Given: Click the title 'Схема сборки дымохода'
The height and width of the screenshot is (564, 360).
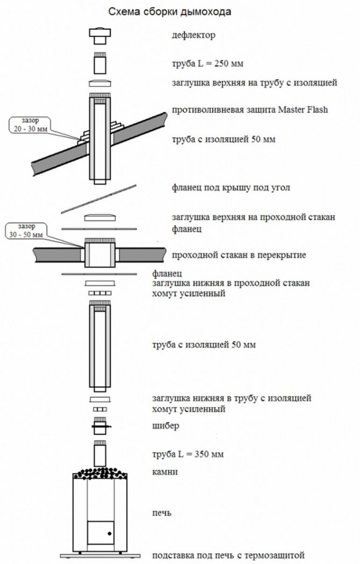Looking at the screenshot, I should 170,11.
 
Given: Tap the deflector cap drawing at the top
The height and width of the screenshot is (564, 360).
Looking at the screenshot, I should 99,35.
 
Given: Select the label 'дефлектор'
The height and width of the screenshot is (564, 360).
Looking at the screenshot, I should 193,36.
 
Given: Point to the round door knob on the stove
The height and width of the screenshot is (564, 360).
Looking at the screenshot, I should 109,534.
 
